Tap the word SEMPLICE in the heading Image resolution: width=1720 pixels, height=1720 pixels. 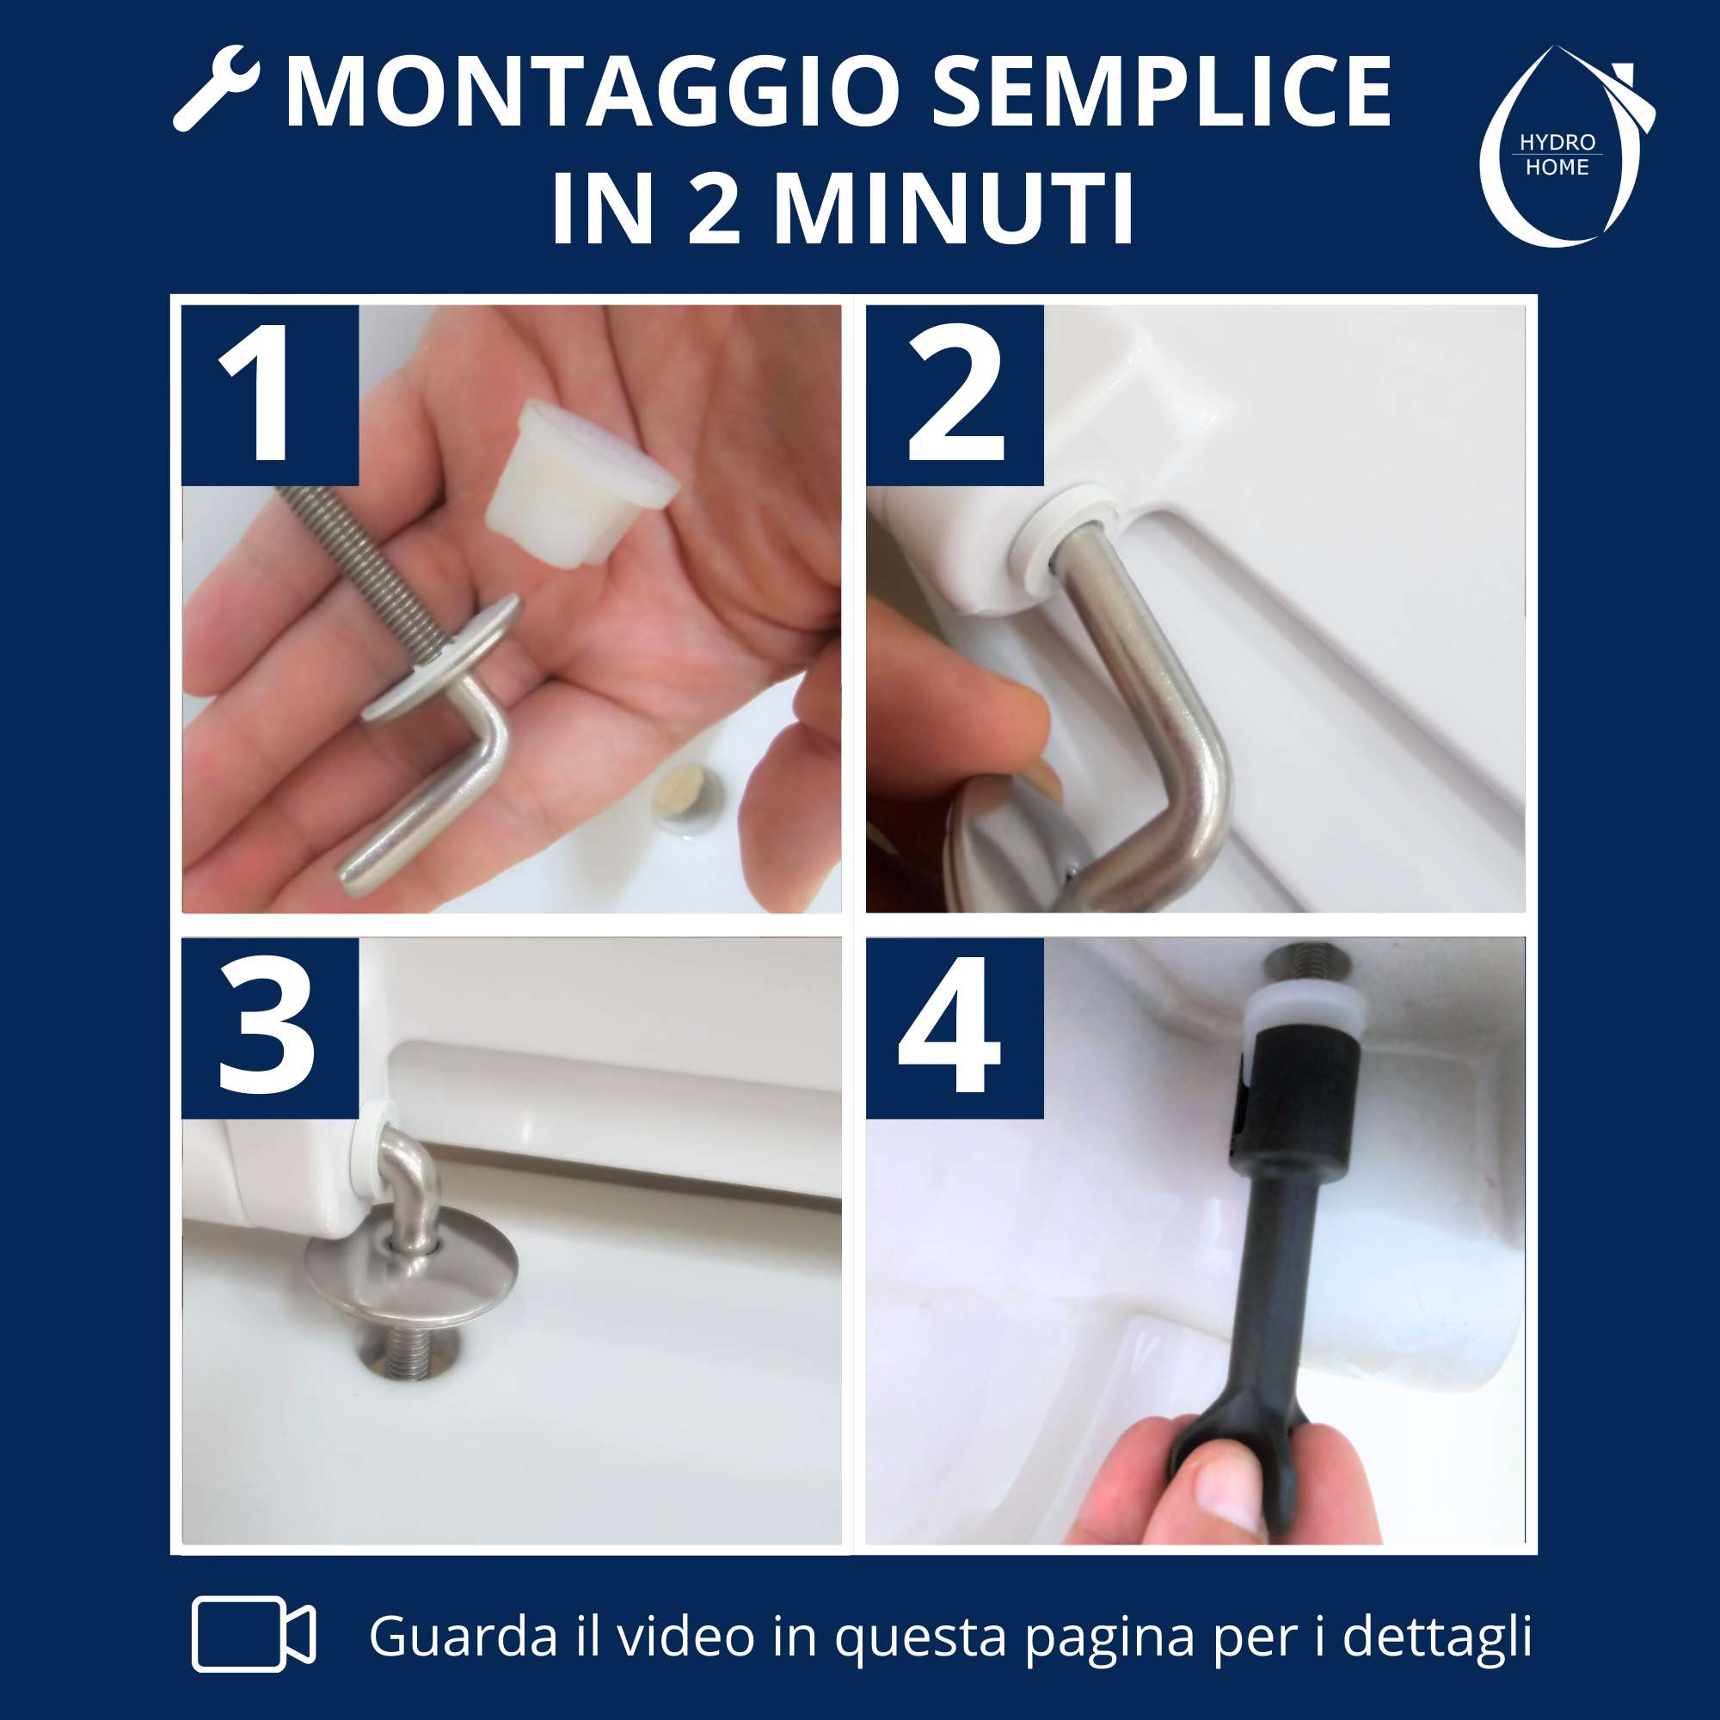click(x=1162, y=93)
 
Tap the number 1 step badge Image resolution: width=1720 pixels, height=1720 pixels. click(x=271, y=396)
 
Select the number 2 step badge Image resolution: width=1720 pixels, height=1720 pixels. click(x=955, y=396)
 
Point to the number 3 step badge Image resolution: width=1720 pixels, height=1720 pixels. click(x=271, y=1028)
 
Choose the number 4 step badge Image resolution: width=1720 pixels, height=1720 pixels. click(x=955, y=1028)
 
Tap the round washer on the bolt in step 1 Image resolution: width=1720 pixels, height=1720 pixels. click(x=440, y=654)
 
